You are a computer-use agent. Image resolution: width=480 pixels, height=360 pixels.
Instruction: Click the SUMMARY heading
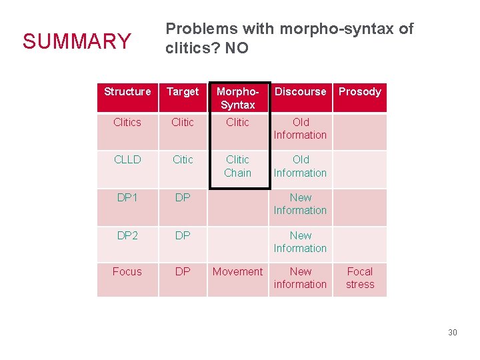tap(77, 41)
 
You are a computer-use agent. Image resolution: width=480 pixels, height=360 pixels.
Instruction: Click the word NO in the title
tap(237, 49)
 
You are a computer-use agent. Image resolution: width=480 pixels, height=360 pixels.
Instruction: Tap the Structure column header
tap(127, 91)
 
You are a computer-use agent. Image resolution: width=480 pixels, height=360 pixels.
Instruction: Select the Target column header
tap(183, 91)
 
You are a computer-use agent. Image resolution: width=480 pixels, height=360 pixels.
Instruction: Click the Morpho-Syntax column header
tap(237, 98)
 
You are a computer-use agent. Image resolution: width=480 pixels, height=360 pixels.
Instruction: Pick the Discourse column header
tap(301, 91)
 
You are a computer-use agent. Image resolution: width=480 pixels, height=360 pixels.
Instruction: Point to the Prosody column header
tap(359, 91)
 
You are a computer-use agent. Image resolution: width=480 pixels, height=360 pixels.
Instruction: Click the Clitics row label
tap(127, 122)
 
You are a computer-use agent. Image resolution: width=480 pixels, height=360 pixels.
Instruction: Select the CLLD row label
tap(127, 159)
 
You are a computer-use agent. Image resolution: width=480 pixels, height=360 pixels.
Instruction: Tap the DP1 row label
tap(127, 197)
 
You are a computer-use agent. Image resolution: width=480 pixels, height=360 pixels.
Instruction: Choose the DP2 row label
tap(127, 235)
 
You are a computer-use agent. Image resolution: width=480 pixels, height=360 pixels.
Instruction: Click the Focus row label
tap(127, 271)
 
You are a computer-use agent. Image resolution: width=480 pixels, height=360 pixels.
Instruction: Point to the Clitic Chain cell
tap(237, 166)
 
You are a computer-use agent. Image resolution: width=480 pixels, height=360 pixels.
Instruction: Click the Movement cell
tap(237, 271)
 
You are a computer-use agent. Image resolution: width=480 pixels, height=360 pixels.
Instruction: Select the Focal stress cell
tap(360, 277)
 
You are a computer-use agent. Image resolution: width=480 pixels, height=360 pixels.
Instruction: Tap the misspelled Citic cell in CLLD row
tap(183, 159)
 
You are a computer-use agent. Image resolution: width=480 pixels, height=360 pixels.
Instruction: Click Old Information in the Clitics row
tap(300, 129)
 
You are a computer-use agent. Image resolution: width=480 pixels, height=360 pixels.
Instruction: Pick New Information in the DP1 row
tap(300, 204)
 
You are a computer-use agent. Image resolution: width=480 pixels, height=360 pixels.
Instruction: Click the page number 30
tap(452, 332)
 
